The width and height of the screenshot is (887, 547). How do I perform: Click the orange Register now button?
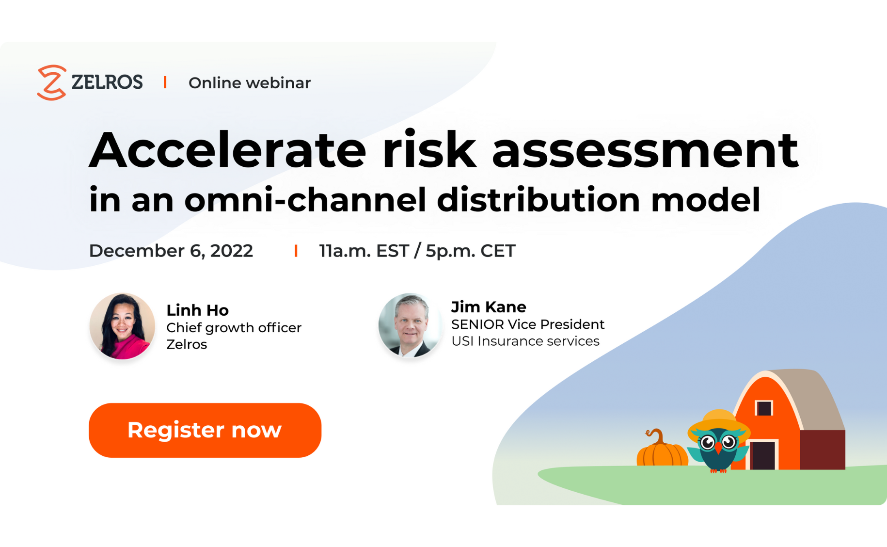(205, 430)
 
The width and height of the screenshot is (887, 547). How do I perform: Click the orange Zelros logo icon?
(51, 82)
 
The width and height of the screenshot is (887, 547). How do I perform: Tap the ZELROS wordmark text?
(107, 82)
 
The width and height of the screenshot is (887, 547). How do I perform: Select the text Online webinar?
(249, 83)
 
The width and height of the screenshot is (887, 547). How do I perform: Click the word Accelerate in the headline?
(228, 151)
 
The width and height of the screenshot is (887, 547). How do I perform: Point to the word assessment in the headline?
(645, 151)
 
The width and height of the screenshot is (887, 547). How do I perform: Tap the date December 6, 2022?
(171, 251)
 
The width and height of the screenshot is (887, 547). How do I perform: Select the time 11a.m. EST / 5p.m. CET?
(417, 251)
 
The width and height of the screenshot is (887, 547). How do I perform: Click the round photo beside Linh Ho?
(122, 326)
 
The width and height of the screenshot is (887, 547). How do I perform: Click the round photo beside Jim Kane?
(410, 325)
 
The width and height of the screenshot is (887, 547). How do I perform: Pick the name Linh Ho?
(197, 310)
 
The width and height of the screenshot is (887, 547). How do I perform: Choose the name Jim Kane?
(488, 307)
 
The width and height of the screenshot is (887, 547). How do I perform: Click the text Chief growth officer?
(234, 328)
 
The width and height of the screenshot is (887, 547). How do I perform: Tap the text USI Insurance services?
(525, 341)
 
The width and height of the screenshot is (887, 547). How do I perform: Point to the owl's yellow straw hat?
(718, 421)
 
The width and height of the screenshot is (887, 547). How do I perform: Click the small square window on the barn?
(764, 408)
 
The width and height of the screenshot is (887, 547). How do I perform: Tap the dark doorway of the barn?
(762, 455)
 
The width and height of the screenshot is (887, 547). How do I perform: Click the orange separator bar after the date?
(296, 251)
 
